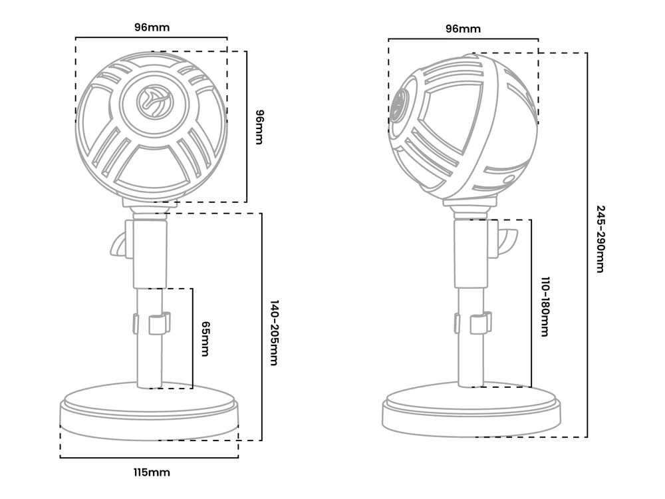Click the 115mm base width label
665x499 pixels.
[x=152, y=472]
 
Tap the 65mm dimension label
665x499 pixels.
[x=205, y=339]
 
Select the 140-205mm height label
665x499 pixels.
[x=275, y=333]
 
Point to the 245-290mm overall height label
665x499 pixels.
[x=600, y=239]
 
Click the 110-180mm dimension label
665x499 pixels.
[x=545, y=307]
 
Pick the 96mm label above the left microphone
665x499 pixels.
[x=152, y=27]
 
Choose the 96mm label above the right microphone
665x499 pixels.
[x=463, y=29]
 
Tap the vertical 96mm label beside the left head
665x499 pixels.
[x=259, y=127]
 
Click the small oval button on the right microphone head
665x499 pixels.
[x=508, y=179]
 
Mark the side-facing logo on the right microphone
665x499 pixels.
[x=398, y=106]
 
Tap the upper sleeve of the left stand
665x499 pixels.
[x=150, y=253]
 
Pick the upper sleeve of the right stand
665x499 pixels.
[x=471, y=253]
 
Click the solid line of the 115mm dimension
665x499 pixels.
[x=149, y=458]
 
